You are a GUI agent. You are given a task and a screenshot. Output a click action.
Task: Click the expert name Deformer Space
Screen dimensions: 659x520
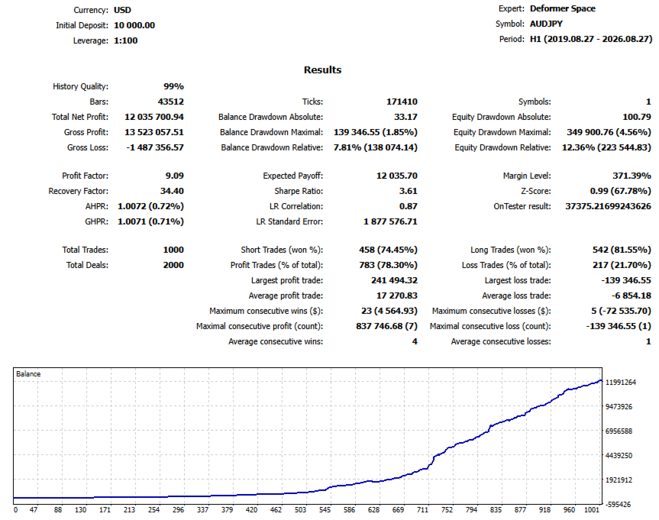click(x=562, y=8)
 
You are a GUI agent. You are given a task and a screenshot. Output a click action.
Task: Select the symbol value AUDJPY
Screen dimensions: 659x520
click(x=546, y=24)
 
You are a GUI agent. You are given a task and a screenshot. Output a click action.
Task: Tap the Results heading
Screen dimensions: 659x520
click(x=322, y=69)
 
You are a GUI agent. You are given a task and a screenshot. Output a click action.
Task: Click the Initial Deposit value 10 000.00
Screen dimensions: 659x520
click(x=134, y=25)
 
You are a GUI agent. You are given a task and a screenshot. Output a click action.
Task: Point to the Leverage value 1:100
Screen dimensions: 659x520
click(x=126, y=40)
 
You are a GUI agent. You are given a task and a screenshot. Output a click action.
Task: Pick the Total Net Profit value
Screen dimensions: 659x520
click(x=153, y=117)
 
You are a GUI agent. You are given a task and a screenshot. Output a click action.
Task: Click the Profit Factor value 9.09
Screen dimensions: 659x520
click(x=174, y=176)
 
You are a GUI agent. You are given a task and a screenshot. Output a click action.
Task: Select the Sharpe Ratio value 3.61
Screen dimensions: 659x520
click(x=408, y=191)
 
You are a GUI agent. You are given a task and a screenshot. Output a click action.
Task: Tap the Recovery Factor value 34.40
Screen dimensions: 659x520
click(x=172, y=191)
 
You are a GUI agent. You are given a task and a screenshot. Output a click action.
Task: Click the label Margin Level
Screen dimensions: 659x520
click(x=527, y=176)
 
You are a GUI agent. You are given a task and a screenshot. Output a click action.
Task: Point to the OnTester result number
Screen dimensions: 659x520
click(x=608, y=206)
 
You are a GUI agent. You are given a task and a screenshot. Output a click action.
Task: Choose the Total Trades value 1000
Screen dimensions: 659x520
click(x=173, y=250)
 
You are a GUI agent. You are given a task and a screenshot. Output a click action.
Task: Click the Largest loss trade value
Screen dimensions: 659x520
click(x=626, y=280)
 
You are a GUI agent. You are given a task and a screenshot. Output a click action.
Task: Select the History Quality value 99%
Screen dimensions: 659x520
click(x=173, y=86)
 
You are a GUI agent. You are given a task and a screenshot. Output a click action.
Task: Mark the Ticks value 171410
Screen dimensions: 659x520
click(x=402, y=102)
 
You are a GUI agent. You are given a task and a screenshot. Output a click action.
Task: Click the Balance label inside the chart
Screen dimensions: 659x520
click(x=28, y=373)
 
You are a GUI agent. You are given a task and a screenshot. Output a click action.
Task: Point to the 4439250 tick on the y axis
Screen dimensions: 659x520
click(x=619, y=455)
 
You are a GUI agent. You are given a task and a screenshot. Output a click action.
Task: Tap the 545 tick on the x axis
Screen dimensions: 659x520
click(x=325, y=510)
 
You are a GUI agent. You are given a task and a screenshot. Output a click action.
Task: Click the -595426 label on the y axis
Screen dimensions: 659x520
click(x=618, y=505)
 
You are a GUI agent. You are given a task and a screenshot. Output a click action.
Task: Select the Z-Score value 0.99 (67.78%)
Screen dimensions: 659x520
click(x=620, y=191)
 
